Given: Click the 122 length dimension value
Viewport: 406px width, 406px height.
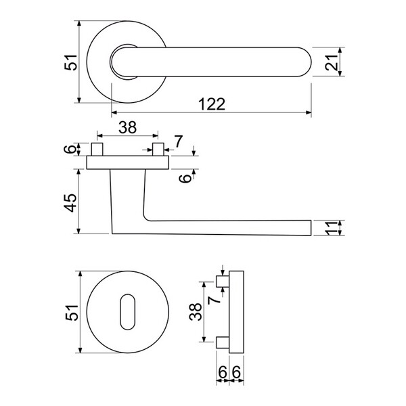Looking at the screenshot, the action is (x=212, y=104).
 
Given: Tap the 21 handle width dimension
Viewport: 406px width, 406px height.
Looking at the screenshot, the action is (x=332, y=62).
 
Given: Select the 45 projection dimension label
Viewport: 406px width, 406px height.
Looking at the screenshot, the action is (x=70, y=202).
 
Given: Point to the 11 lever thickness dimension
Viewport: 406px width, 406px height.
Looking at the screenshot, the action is (x=332, y=228).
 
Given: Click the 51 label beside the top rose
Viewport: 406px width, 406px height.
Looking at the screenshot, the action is (x=70, y=62).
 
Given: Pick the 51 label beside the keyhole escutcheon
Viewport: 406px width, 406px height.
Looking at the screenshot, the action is (x=72, y=313).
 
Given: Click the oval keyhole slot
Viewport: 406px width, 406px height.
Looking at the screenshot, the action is (x=128, y=312).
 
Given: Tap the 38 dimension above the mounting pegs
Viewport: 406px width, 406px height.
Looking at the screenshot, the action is (x=127, y=127).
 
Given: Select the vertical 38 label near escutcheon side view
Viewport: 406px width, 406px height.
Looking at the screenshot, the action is (x=196, y=312).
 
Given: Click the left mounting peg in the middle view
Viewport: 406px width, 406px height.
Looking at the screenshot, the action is (x=97, y=149).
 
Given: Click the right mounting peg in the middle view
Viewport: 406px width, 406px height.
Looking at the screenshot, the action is (x=158, y=149).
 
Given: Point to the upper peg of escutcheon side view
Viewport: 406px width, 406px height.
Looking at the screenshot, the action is (x=223, y=281).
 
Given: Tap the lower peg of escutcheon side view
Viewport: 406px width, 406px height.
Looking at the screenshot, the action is (x=223, y=342).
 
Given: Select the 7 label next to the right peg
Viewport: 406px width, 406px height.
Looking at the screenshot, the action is (x=179, y=141).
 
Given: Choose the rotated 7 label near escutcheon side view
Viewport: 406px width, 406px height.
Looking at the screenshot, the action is (x=214, y=300).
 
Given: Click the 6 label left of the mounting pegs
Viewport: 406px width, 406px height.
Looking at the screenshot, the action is (x=70, y=149).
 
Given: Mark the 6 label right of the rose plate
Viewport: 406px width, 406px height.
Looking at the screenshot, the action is (x=185, y=179).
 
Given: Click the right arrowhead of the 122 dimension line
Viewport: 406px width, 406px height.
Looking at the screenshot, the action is (x=309, y=112).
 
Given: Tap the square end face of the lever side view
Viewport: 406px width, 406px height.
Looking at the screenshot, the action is (x=311, y=228).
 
